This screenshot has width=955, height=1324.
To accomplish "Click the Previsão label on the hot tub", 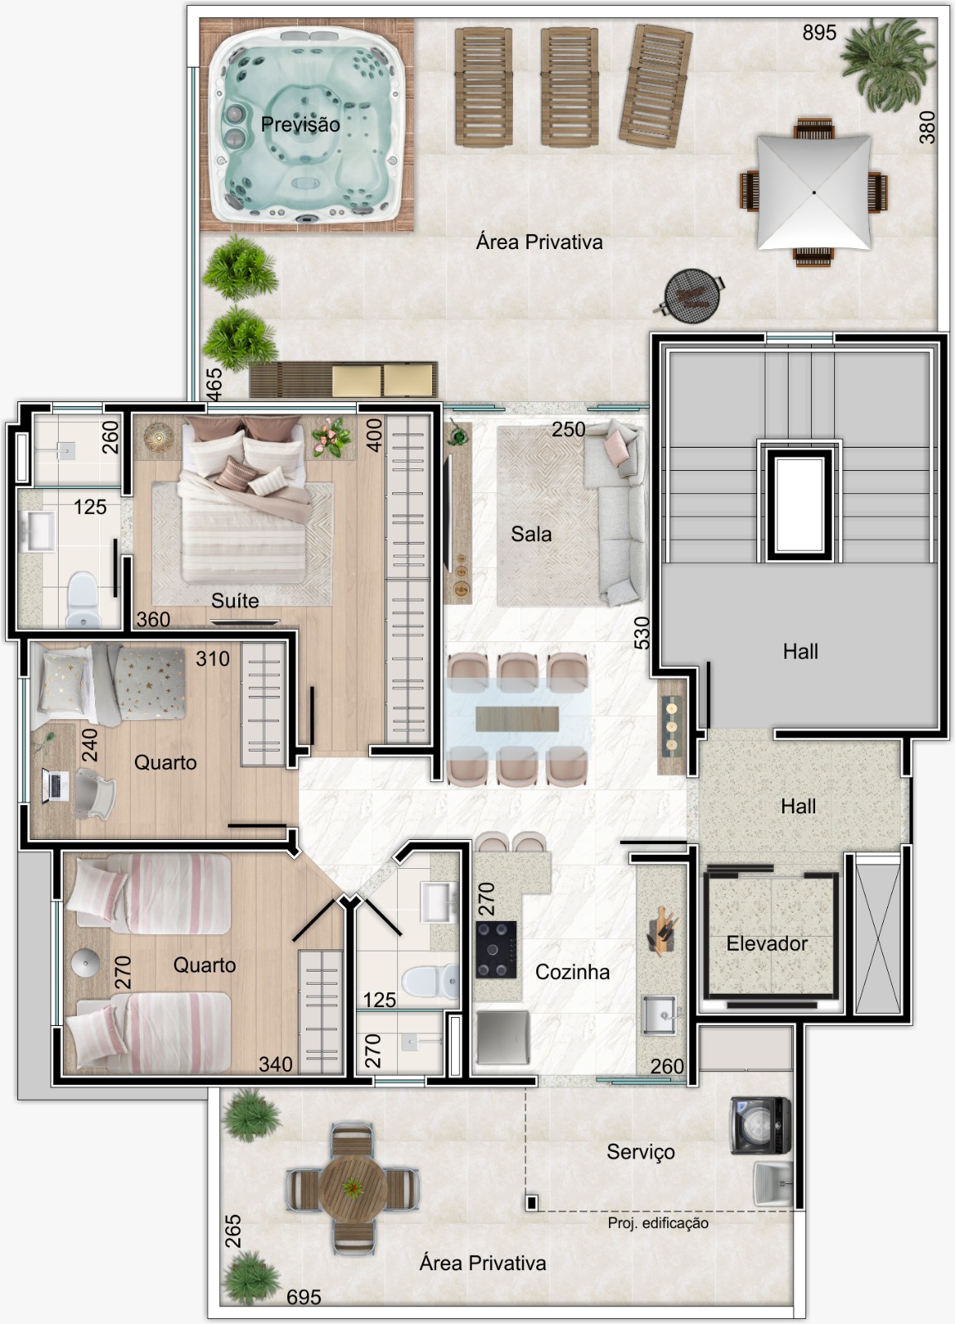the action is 300,124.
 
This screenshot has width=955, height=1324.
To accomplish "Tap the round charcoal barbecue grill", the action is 692,295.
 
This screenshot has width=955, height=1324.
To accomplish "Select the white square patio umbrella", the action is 813,193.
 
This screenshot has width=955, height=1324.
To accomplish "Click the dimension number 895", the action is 819,32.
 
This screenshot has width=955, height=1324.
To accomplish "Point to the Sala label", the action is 531,535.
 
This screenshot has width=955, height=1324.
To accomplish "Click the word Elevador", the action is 766,943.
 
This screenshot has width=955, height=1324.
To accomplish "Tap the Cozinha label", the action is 572,971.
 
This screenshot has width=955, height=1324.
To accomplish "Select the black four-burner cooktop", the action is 497,950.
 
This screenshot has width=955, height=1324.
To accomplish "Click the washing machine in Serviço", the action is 761,1126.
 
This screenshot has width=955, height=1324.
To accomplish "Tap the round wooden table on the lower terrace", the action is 353,1188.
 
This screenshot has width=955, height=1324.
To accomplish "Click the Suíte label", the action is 235,601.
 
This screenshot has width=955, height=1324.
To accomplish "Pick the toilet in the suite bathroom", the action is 82,599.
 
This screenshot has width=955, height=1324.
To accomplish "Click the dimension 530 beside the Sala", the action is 642,632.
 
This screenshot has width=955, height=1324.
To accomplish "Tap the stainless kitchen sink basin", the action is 659,1015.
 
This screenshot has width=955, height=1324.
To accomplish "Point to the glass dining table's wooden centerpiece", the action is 517,718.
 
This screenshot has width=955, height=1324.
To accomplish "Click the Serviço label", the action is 641,1151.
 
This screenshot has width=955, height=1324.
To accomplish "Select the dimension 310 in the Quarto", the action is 213,659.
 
